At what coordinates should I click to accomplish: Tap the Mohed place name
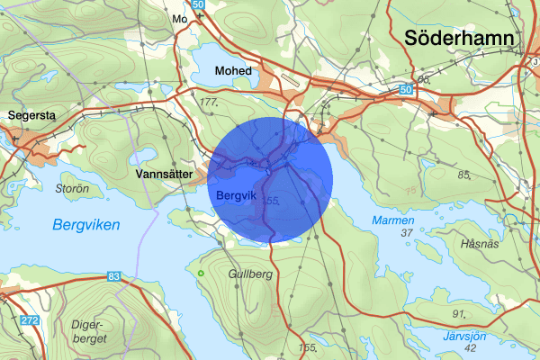(232, 70)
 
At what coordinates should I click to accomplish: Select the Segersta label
(31, 116)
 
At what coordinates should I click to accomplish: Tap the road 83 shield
(113, 276)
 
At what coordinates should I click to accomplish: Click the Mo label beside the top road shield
(178, 18)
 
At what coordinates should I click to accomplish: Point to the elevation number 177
(210, 103)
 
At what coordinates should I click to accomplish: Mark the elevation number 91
(458, 313)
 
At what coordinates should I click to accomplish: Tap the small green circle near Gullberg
(201, 273)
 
